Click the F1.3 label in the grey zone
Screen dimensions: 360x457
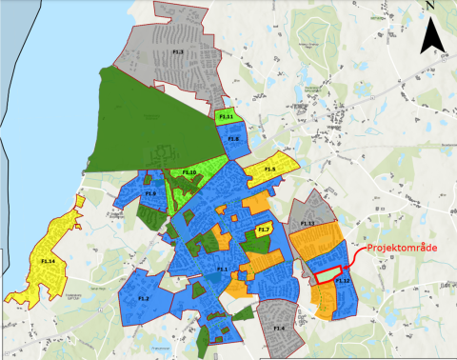(177, 50)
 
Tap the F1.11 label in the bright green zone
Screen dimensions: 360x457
(227, 116)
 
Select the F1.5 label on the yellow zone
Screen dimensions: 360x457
(269, 170)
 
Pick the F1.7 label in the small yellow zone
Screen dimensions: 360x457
(265, 230)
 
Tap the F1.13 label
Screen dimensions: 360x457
(308, 223)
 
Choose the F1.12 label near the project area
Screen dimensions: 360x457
(344, 281)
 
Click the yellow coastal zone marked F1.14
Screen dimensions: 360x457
(48, 259)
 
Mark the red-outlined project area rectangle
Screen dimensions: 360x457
(328, 274)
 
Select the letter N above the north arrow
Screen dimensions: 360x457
(431, 7)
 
